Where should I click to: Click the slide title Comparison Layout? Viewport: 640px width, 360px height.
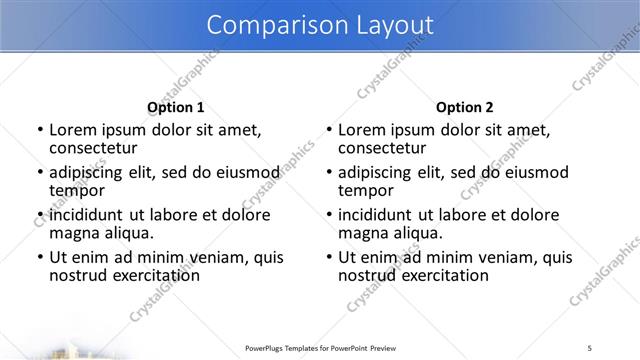pyautogui.click(x=319, y=24)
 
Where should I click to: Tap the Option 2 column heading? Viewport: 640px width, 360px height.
pyautogui.click(x=464, y=107)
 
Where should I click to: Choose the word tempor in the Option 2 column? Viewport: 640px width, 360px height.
pyautogui.click(x=366, y=190)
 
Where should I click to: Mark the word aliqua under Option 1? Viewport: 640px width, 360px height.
pyautogui.click(x=129, y=233)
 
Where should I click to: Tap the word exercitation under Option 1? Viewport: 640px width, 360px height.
pyautogui.click(x=154, y=275)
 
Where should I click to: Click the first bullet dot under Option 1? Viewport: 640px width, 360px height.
pyautogui.click(x=39, y=130)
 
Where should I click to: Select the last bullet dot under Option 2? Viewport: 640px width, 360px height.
pyautogui.click(x=328, y=258)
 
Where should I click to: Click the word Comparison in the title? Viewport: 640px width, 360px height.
pyautogui.click(x=266, y=24)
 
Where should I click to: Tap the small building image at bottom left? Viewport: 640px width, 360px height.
pyautogui.click(x=70, y=352)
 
